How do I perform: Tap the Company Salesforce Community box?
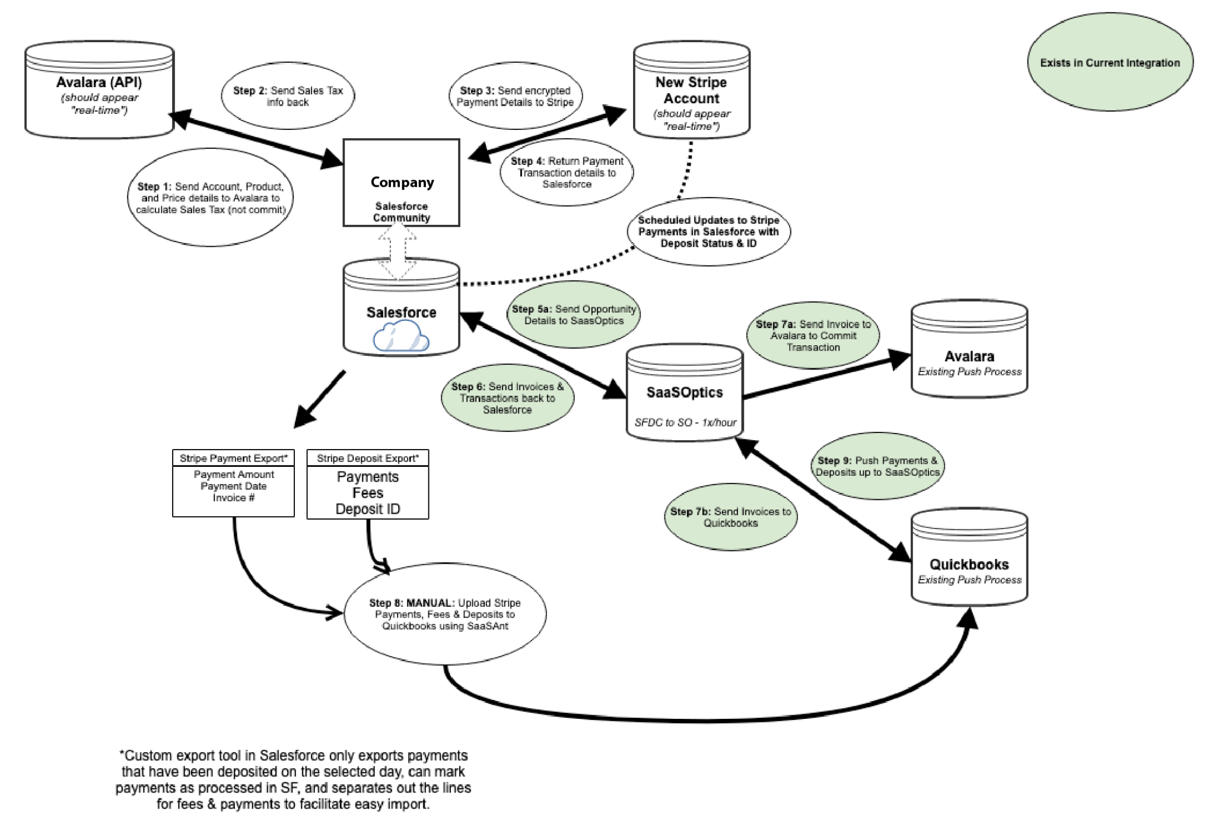click(x=402, y=183)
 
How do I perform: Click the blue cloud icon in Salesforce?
click(x=401, y=336)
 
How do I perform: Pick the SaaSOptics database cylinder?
click(x=685, y=393)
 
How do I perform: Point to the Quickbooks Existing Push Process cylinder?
click(x=969, y=557)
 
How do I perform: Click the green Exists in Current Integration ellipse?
click(x=1109, y=63)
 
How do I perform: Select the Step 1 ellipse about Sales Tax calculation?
click(x=211, y=198)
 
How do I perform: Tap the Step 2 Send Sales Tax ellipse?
click(x=288, y=96)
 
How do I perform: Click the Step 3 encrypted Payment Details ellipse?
click(x=515, y=96)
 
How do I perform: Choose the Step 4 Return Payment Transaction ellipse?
click(x=567, y=173)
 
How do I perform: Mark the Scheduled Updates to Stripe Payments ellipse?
click(x=708, y=232)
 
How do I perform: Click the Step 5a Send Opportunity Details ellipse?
click(x=574, y=315)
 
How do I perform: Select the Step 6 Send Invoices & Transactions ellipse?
click(x=507, y=398)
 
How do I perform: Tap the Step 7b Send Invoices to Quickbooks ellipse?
click(x=730, y=517)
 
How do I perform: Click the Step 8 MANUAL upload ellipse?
click(x=445, y=615)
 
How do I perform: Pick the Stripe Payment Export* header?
click(x=233, y=459)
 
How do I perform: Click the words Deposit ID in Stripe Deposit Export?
click(x=368, y=509)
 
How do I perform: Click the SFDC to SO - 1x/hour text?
click(x=685, y=422)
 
